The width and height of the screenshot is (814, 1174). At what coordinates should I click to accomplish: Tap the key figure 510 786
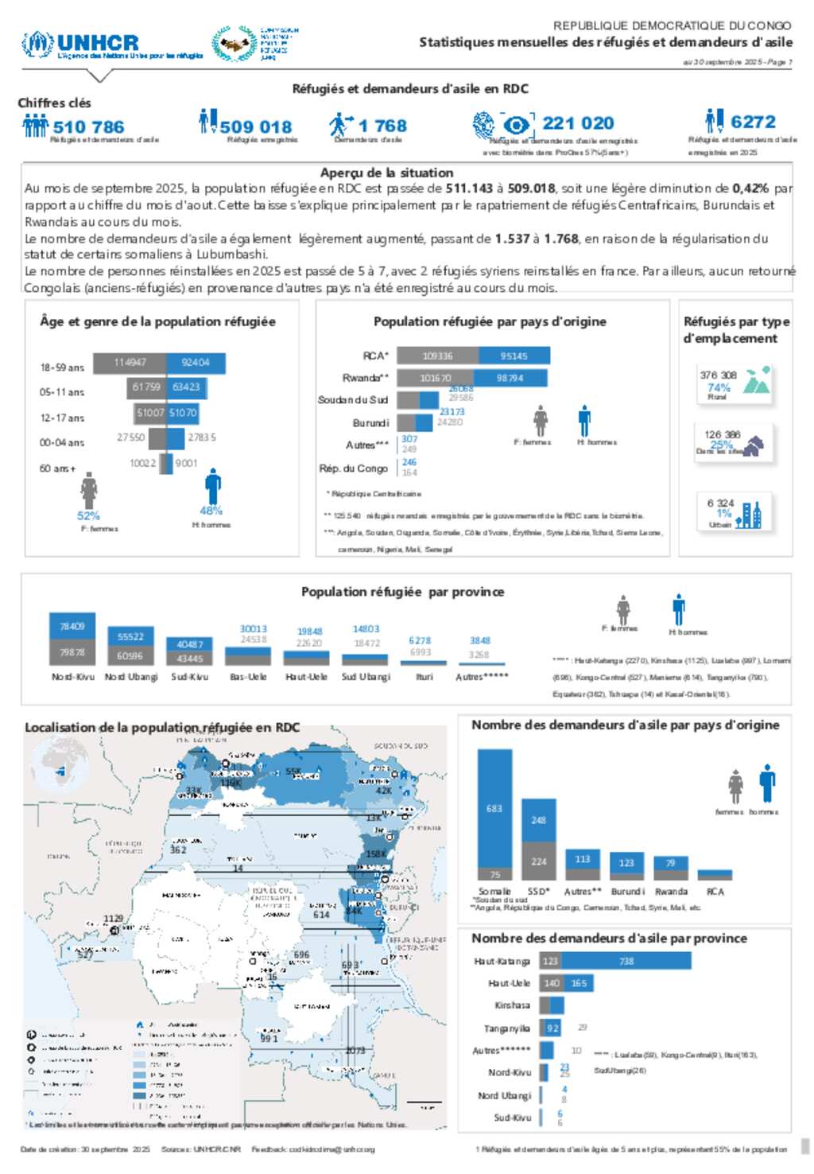point(88,126)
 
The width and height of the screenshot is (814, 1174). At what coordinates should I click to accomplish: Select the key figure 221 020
point(578,123)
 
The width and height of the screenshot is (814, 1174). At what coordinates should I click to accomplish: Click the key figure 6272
point(753,122)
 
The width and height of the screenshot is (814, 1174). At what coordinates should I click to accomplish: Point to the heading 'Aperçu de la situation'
point(386,173)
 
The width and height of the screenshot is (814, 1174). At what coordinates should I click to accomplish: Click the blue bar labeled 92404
point(196,363)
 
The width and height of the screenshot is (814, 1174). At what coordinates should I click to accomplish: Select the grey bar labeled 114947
point(130,363)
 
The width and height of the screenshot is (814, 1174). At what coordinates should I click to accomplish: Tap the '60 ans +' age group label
point(57,468)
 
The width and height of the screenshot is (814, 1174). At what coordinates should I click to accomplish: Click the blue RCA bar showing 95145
point(514,356)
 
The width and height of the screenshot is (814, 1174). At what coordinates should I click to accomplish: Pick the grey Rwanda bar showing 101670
point(436,378)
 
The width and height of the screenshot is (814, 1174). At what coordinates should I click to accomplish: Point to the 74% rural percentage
point(719,387)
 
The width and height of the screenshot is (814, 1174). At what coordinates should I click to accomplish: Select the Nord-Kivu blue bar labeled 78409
point(72,626)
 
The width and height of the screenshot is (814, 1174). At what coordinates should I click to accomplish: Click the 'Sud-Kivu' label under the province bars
point(189,677)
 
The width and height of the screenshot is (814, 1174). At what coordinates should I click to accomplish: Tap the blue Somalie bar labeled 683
point(494,807)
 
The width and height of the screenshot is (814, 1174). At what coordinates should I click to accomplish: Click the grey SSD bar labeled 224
point(539,861)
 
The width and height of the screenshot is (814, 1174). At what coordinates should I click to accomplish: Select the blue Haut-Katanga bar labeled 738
point(626,961)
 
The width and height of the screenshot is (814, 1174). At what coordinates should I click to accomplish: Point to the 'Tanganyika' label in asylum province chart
point(507,1028)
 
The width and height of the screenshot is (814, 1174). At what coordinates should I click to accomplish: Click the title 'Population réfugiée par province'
point(402,592)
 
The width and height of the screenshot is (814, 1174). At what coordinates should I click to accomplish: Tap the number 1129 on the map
point(114,919)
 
